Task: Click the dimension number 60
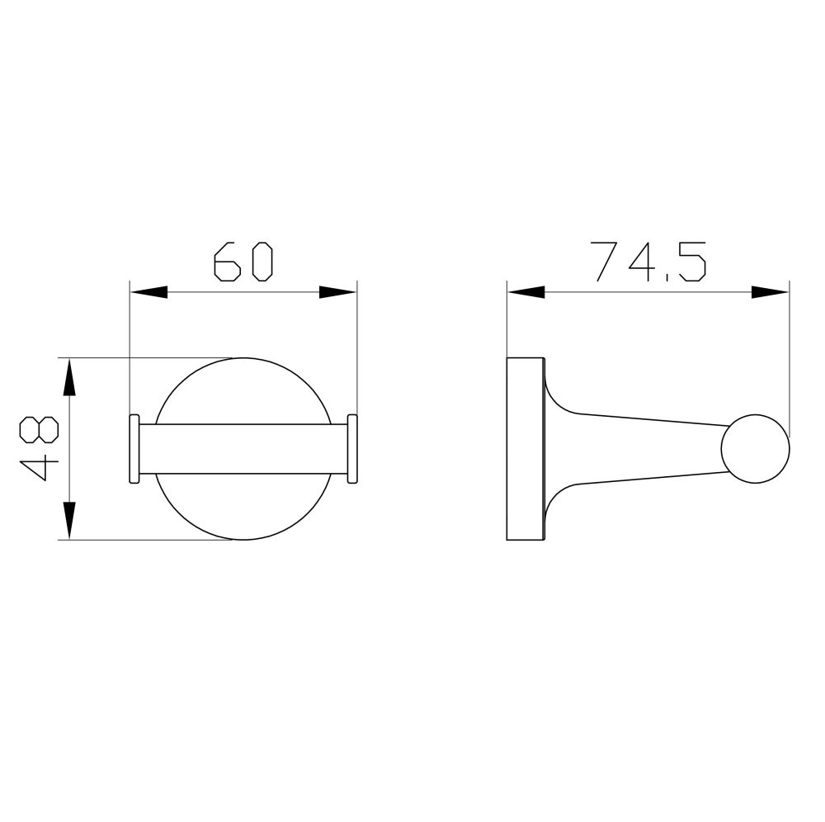pos(243,262)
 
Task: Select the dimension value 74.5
pos(648,262)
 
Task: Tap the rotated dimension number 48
pos(39,449)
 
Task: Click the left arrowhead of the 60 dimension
pos(148,292)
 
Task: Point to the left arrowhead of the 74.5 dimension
pos(526,291)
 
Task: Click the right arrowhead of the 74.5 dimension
pos(771,291)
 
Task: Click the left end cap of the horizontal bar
pos(134,448)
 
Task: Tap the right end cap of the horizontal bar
pos(352,448)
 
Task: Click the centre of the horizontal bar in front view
pos(243,448)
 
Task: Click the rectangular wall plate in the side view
pos(525,449)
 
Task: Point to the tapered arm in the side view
pos(643,449)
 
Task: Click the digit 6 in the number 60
pos(226,262)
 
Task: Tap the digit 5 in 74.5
pos(692,262)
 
